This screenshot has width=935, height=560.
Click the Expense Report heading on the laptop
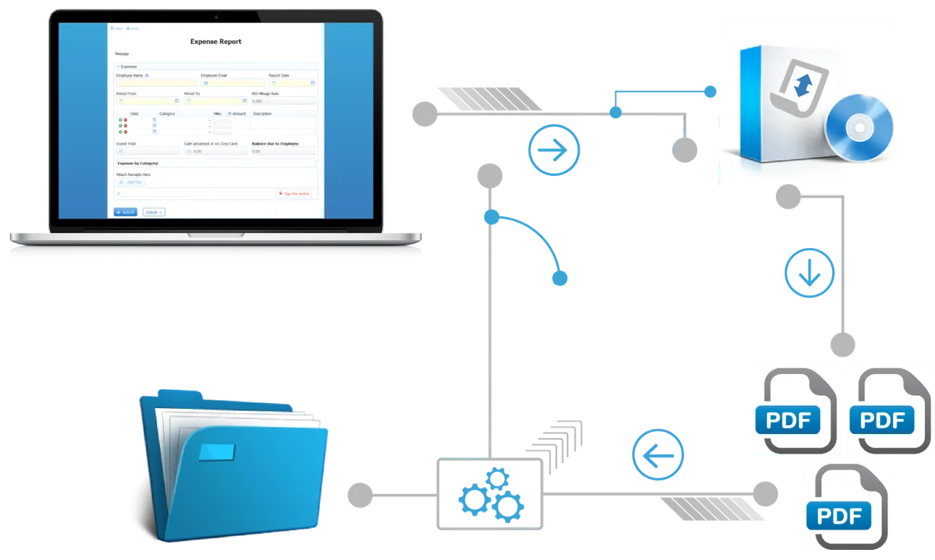click(216, 42)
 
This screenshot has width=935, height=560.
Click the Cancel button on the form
click(153, 212)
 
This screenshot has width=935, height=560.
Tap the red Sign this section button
click(294, 194)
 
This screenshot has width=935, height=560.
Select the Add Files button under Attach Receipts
click(131, 182)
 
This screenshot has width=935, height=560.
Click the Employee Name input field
click(156, 83)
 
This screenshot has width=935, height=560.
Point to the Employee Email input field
click(232, 83)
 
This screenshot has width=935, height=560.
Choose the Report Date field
click(292, 83)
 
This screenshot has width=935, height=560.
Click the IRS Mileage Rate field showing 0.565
click(283, 101)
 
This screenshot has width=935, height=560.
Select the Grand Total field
click(148, 151)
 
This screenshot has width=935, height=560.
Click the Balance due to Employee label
click(275, 144)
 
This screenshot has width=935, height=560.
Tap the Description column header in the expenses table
click(263, 114)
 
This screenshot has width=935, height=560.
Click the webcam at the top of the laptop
click(216, 17)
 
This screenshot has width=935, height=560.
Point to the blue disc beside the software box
click(859, 128)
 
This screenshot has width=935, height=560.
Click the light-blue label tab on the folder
click(217, 451)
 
